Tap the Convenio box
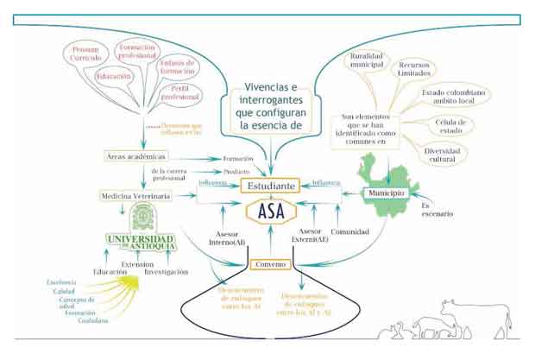[269, 264]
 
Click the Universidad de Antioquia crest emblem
[142, 218]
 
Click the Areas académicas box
[130, 157]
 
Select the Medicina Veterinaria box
[135, 196]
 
